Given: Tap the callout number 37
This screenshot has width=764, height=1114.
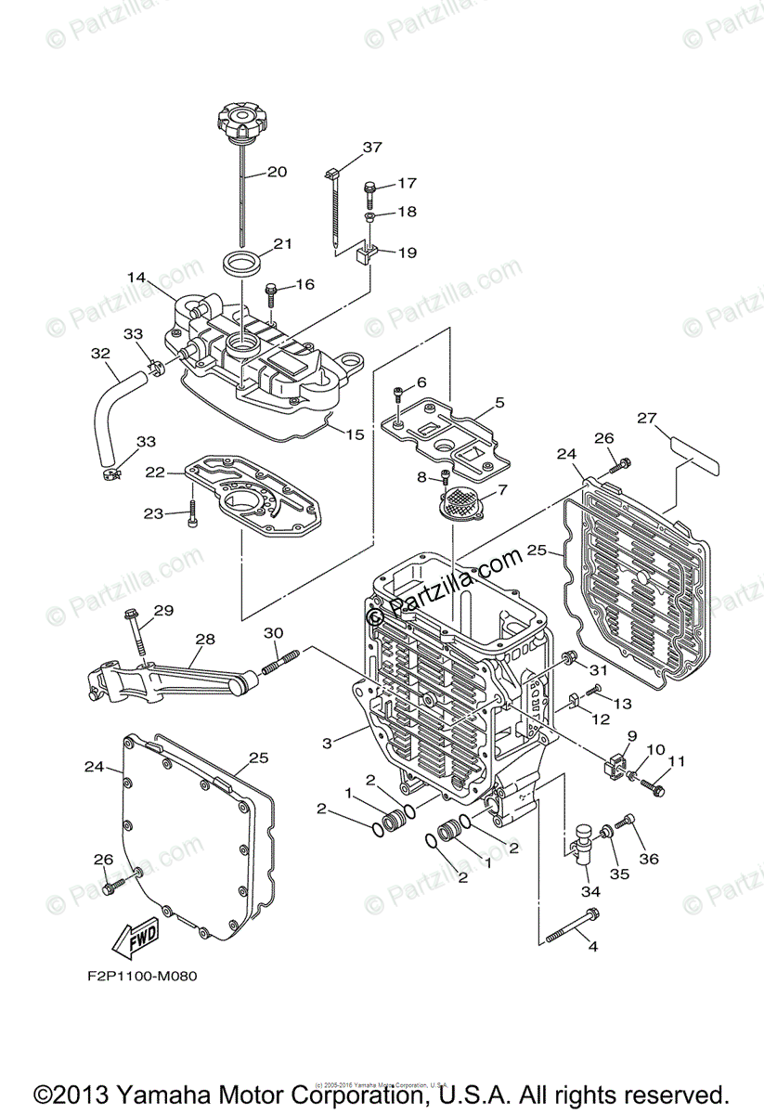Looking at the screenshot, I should tap(372, 148).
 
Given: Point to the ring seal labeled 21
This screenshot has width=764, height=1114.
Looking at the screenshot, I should tap(242, 261).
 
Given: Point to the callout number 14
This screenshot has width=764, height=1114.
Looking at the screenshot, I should tap(137, 277).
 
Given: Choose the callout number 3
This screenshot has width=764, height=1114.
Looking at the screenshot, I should tap(327, 743).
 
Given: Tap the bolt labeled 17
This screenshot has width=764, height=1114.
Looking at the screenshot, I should tap(369, 192).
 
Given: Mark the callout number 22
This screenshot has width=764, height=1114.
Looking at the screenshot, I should tap(155, 472).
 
